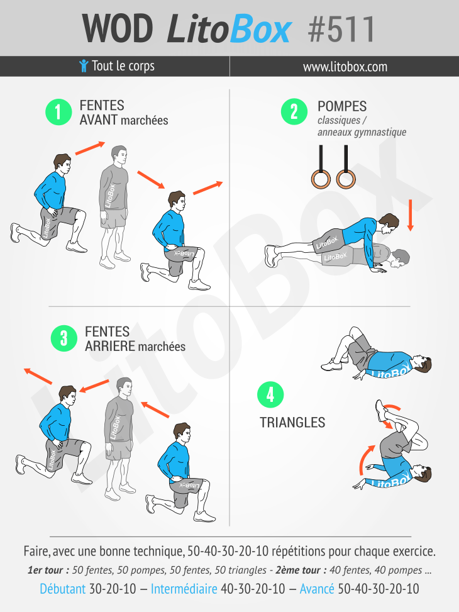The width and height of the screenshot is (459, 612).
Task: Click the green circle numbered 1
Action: click(58, 112)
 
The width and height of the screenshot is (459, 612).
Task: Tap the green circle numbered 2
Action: click(294, 111)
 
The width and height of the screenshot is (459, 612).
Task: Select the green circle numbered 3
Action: click(64, 338)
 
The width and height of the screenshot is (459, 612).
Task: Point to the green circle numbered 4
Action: click(270, 394)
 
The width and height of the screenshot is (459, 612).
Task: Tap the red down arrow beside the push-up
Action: click(410, 215)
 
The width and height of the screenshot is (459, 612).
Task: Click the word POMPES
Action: click(342, 106)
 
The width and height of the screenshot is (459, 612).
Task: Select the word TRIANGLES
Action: click(292, 422)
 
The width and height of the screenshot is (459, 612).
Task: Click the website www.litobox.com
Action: click(345, 67)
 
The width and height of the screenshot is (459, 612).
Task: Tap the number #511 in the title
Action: click(341, 30)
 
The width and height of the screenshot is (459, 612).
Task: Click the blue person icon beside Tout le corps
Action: click(84, 66)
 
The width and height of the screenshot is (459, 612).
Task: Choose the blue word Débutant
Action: click(62, 589)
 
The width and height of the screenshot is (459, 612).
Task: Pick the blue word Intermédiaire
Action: click(184, 589)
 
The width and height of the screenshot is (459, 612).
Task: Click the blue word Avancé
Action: click(317, 589)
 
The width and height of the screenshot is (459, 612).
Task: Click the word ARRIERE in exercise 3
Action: click(110, 346)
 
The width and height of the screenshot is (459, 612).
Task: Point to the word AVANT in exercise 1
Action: click(98, 120)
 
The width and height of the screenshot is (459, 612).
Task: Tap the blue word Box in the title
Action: click(260, 30)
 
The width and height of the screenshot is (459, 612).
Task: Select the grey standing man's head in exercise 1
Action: click(119, 155)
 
